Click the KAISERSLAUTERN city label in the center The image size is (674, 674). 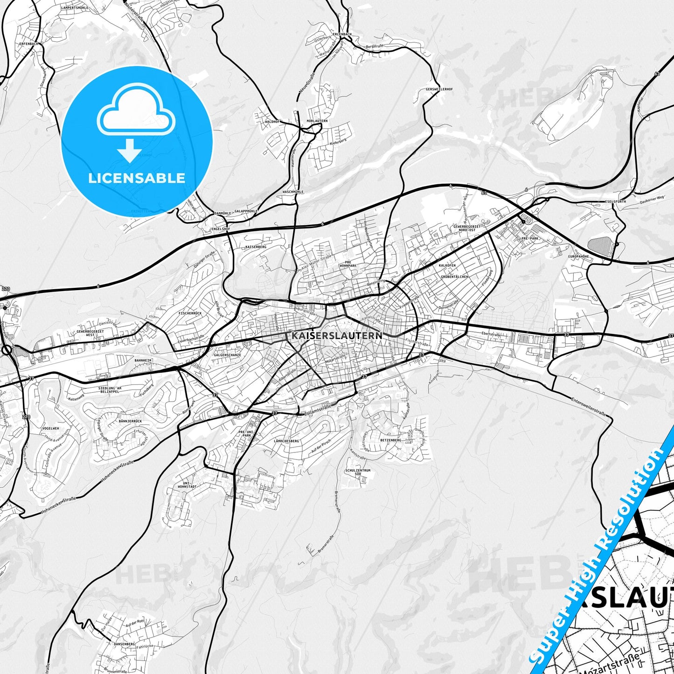coord(337,335)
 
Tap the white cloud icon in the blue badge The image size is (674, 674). coord(136,111)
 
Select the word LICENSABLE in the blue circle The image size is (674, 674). coord(137,178)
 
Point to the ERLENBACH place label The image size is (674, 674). coord(342,35)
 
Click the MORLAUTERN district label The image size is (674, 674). coord(317,121)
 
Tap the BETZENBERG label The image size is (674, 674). coord(390,440)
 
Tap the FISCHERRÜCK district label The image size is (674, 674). coord(190,313)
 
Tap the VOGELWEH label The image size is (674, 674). coord(50,428)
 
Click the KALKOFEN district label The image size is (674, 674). coord(447,265)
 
